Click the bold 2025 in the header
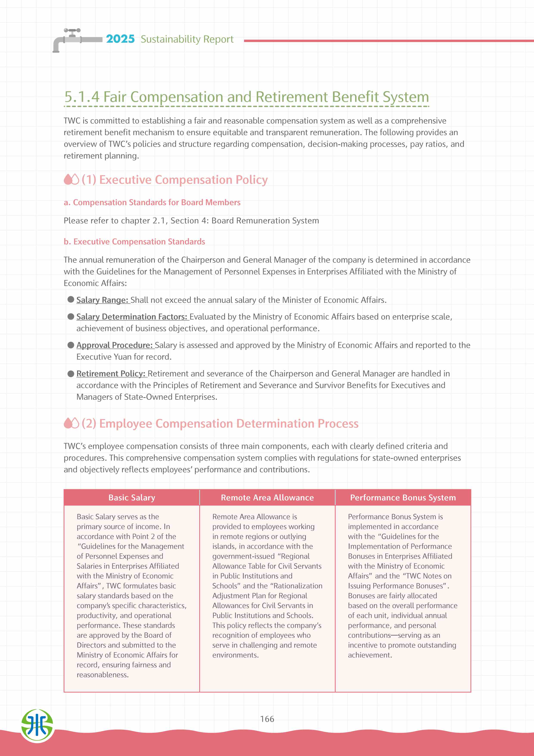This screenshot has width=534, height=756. (120, 39)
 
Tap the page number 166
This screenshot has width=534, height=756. (267, 719)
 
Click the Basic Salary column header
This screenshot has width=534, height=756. (132, 498)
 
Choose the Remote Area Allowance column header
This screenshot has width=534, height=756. (267, 498)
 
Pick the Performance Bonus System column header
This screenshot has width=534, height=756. (403, 498)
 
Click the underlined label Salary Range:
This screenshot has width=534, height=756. (102, 300)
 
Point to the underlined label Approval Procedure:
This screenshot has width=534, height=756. (115, 345)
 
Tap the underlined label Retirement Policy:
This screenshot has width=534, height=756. (111, 373)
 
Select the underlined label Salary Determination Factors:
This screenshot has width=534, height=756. (132, 317)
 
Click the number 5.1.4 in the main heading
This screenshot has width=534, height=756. (82, 97)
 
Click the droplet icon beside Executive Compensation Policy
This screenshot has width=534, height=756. (71, 180)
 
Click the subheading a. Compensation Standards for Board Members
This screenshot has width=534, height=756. (152, 203)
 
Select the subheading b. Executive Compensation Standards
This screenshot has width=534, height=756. (134, 242)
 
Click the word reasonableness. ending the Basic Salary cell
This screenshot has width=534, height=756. (103, 675)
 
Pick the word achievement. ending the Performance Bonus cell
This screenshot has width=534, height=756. (370, 655)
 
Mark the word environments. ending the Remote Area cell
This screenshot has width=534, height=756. (235, 655)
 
